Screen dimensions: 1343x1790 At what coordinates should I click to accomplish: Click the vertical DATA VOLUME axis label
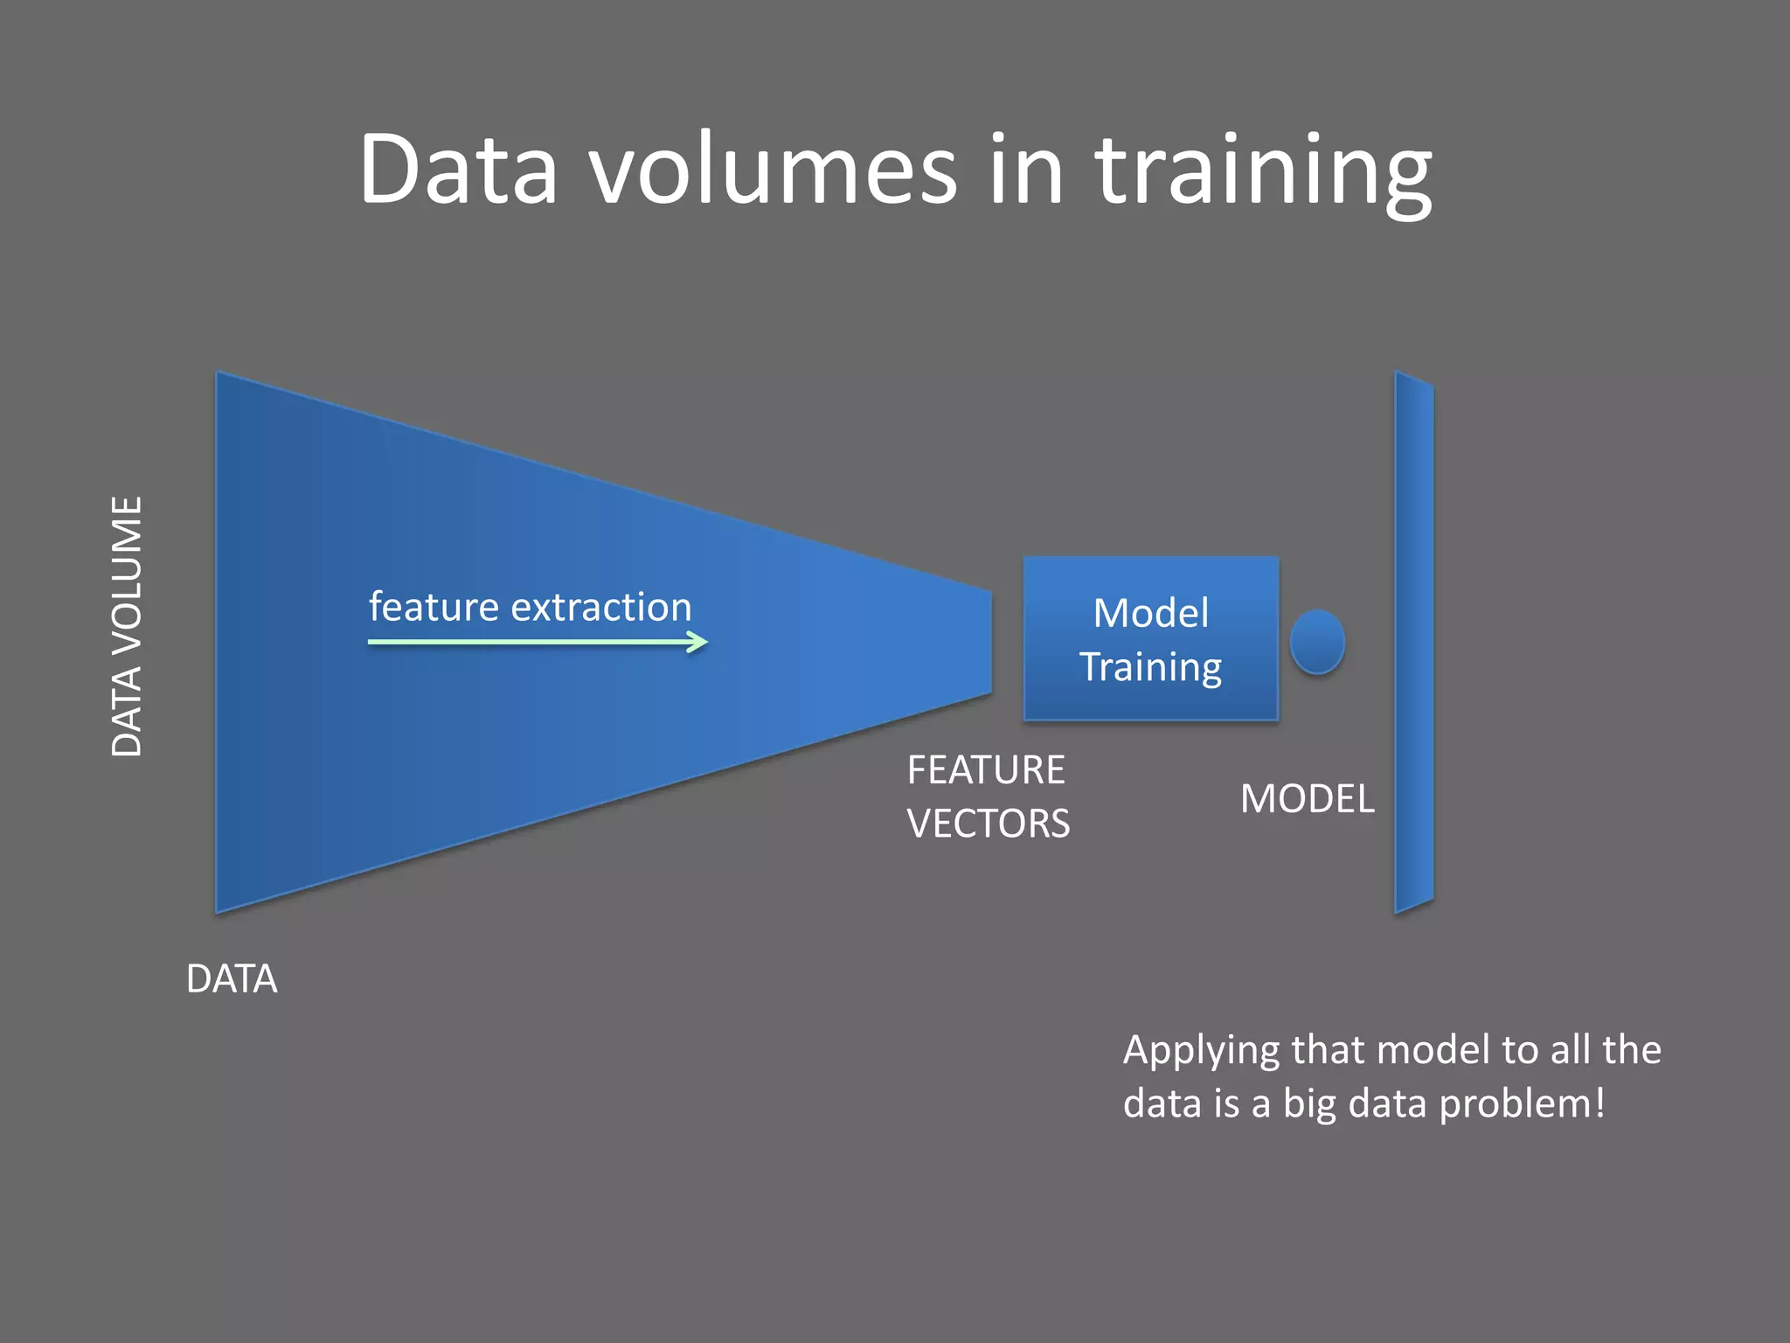pos(128,626)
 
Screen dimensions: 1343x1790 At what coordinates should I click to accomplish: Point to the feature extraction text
pos(530,607)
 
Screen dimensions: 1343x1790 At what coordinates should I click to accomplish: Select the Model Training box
pos(1150,639)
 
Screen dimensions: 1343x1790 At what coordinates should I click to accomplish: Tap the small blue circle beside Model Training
pos(1316,642)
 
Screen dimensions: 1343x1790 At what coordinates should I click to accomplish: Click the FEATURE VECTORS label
pos(988,797)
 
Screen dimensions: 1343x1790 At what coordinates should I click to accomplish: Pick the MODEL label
pos(1307,799)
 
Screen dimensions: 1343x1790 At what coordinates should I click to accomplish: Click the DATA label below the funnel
pos(232,979)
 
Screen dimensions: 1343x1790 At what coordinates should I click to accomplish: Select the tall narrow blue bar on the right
pos(1413,643)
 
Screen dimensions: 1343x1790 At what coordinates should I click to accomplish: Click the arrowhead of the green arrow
pos(697,643)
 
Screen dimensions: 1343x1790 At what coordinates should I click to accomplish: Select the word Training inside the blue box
pos(1150,668)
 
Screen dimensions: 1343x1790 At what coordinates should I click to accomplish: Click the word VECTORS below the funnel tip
pos(988,824)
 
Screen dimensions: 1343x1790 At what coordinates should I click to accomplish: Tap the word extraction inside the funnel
pos(601,607)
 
